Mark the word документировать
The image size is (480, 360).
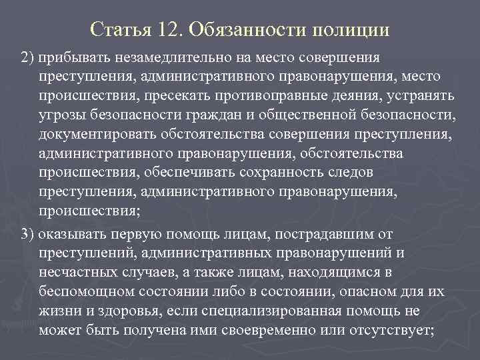(x=84, y=135)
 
